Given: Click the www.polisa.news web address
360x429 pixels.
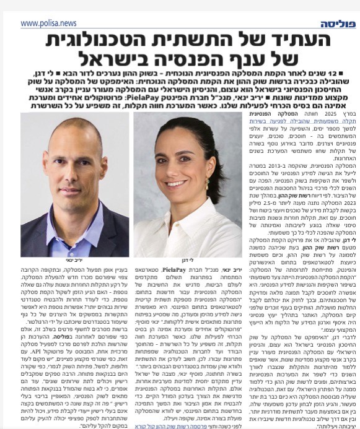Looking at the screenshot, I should tap(48, 23).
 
